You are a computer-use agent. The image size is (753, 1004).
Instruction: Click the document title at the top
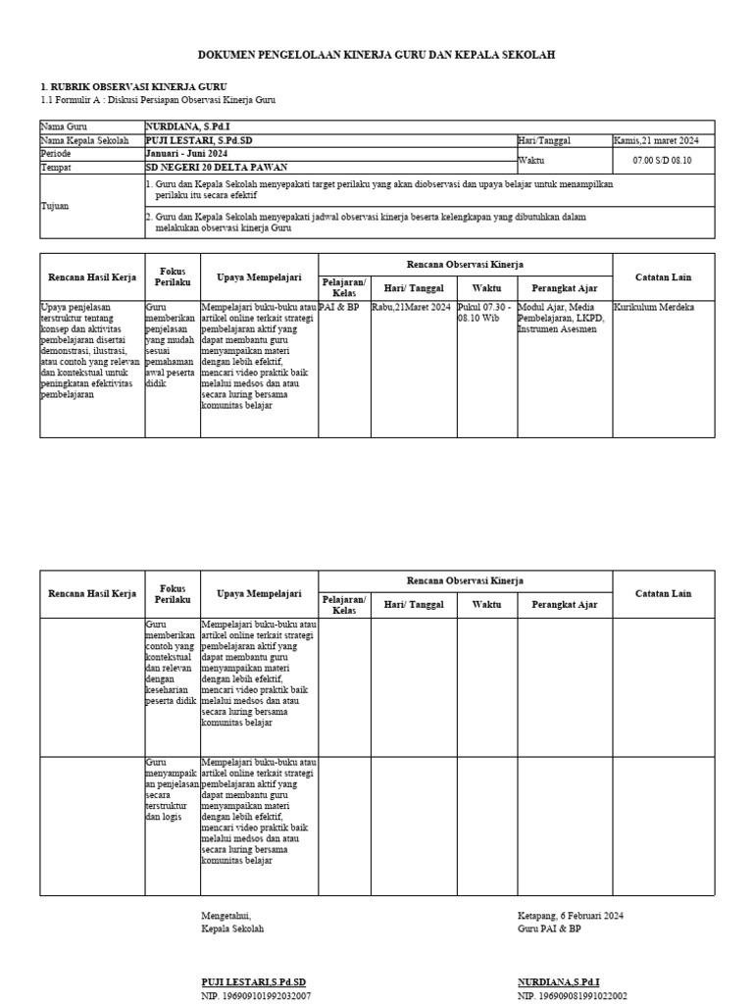[x=376, y=56]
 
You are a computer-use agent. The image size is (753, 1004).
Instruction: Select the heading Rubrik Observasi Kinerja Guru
[x=133, y=87]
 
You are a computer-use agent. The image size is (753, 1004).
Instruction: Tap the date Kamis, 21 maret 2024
[x=656, y=141]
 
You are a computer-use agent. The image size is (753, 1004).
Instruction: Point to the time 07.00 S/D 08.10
[x=663, y=161]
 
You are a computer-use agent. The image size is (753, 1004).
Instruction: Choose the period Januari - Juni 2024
[x=186, y=154]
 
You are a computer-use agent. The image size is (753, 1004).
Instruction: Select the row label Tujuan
[x=56, y=207]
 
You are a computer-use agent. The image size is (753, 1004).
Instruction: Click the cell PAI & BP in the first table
[x=339, y=307]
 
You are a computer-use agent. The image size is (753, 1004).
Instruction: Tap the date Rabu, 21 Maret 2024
[x=411, y=307]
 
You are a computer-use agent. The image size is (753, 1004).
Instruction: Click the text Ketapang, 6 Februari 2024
[x=571, y=916]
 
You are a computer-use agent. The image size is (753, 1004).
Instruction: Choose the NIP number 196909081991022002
[x=573, y=995]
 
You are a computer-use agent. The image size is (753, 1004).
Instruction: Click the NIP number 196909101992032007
[x=256, y=995]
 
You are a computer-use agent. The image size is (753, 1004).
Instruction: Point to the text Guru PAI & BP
[x=549, y=929]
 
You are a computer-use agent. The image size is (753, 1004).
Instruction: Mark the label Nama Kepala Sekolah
[x=85, y=141]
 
